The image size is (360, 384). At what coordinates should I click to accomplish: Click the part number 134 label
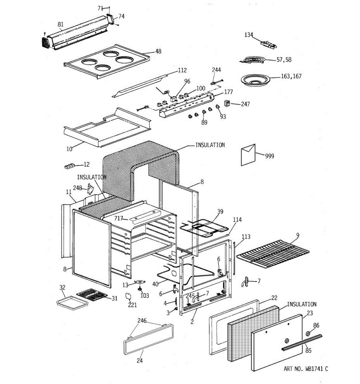tap(249, 35)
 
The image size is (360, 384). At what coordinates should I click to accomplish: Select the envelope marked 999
tap(248, 155)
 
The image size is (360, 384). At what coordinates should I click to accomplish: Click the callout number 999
tap(269, 156)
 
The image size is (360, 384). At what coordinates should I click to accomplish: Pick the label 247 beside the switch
tap(245, 104)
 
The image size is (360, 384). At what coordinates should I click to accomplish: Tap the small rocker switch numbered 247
tap(228, 103)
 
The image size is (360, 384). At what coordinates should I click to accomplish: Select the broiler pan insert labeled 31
tap(91, 295)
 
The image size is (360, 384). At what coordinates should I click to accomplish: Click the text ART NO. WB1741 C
tap(306, 369)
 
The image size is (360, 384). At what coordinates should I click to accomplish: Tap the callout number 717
tap(119, 219)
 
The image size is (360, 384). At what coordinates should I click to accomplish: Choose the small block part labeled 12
tap(69, 166)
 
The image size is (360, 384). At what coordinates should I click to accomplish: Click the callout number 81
tap(60, 24)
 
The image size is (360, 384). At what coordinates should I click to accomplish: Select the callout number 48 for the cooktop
tap(158, 51)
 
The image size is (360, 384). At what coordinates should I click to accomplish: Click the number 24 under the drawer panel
tap(140, 361)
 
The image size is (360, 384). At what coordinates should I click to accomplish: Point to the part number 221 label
tap(132, 305)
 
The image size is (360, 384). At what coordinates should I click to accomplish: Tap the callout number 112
tap(182, 70)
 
